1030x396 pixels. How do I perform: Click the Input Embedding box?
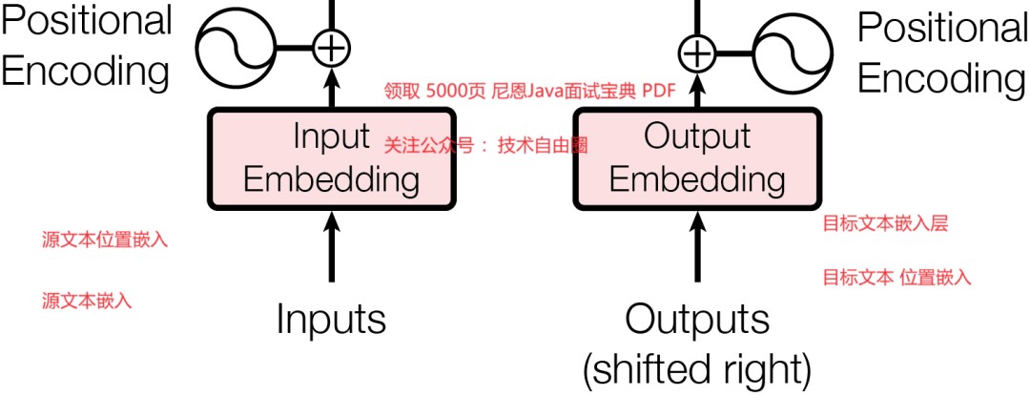point(331,157)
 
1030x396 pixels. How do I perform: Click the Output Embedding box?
point(697,157)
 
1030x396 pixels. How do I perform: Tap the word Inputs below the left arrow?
point(331,319)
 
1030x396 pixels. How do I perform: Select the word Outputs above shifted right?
point(697,319)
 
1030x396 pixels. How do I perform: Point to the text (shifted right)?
point(697,366)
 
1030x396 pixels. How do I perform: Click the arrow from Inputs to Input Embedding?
point(331,246)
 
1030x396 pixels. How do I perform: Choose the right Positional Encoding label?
point(942,52)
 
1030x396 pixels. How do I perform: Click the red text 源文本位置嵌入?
point(105,240)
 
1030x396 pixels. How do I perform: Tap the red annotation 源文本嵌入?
point(87,301)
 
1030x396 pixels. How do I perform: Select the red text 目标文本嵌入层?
point(885,224)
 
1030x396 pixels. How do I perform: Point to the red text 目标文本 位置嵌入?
point(896,278)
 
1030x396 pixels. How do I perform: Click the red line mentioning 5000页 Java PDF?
point(529,92)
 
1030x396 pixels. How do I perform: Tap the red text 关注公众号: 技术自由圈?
point(485,146)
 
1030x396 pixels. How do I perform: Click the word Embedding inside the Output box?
point(697,178)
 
